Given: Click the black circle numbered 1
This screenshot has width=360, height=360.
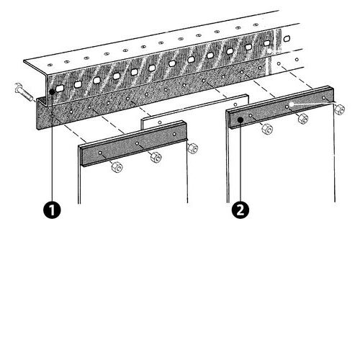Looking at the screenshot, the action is click(52, 210).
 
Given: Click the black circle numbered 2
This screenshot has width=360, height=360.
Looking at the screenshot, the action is click(240, 210).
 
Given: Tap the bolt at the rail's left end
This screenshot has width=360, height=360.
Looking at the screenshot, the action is click(24, 93).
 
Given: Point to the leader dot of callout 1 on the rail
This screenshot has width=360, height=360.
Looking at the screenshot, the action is click(52, 91).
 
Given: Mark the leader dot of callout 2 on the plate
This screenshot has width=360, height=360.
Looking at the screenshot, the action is click(240, 120).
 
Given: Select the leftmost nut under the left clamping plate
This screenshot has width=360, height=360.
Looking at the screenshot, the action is click(117, 166).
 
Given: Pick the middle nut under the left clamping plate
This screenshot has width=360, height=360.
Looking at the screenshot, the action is click(156, 157).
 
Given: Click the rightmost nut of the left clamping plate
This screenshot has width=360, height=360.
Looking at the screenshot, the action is click(193, 148).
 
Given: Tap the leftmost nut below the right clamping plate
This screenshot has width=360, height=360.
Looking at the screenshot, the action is click(267, 129).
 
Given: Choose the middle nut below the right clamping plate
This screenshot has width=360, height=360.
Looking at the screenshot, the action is click(303, 119).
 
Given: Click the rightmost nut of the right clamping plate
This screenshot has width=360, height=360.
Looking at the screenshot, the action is click(339, 109).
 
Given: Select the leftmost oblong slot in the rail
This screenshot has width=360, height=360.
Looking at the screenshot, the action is click(60, 88).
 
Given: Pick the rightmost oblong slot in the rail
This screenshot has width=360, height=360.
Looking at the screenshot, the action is click(287, 38).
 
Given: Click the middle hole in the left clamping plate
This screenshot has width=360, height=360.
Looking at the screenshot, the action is click(137, 143).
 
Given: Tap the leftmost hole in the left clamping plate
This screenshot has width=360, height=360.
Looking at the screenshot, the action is click(100, 153).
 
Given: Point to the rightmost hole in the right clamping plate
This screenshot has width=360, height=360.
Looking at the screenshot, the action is click(324, 98).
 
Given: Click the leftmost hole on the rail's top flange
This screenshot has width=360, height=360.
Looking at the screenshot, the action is click(50, 65).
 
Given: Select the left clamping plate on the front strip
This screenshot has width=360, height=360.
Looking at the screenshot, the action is click(134, 143).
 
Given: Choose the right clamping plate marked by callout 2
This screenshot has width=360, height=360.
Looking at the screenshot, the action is click(282, 107).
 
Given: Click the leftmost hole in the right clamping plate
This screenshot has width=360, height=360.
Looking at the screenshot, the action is click(251, 116).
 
